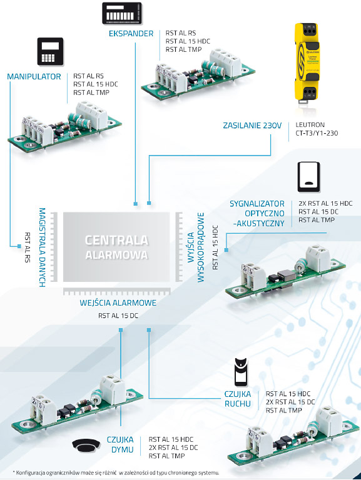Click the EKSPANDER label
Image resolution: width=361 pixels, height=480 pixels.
point(131,33)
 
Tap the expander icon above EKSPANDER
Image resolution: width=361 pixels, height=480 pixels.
point(122,13)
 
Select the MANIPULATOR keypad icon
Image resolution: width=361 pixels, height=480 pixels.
point(50,51)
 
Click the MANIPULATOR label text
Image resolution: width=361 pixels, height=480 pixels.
point(34,76)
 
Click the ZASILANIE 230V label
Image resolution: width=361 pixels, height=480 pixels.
point(252,126)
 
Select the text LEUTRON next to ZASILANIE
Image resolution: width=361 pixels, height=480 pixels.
point(310,125)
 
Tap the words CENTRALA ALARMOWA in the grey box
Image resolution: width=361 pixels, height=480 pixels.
point(116,247)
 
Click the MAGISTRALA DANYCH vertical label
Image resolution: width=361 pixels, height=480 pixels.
point(43,247)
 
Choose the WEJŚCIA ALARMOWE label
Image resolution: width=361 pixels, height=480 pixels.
point(118,302)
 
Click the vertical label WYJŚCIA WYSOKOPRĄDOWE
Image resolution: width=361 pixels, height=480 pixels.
point(196,247)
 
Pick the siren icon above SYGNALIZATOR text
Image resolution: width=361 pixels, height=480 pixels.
point(308,177)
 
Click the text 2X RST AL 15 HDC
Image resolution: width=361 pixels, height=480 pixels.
point(325,203)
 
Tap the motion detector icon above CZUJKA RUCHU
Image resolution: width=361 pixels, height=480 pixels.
point(241,372)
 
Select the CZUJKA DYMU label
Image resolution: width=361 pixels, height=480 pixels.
point(120,444)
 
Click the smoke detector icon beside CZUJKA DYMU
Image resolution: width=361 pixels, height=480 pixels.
point(86,446)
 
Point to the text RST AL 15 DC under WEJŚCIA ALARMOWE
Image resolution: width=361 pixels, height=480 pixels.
point(118,316)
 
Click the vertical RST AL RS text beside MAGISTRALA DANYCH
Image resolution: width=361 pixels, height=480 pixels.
point(28,247)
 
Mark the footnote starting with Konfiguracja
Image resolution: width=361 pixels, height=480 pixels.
point(116,472)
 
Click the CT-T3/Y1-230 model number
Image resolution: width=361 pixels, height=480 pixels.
point(317,133)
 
